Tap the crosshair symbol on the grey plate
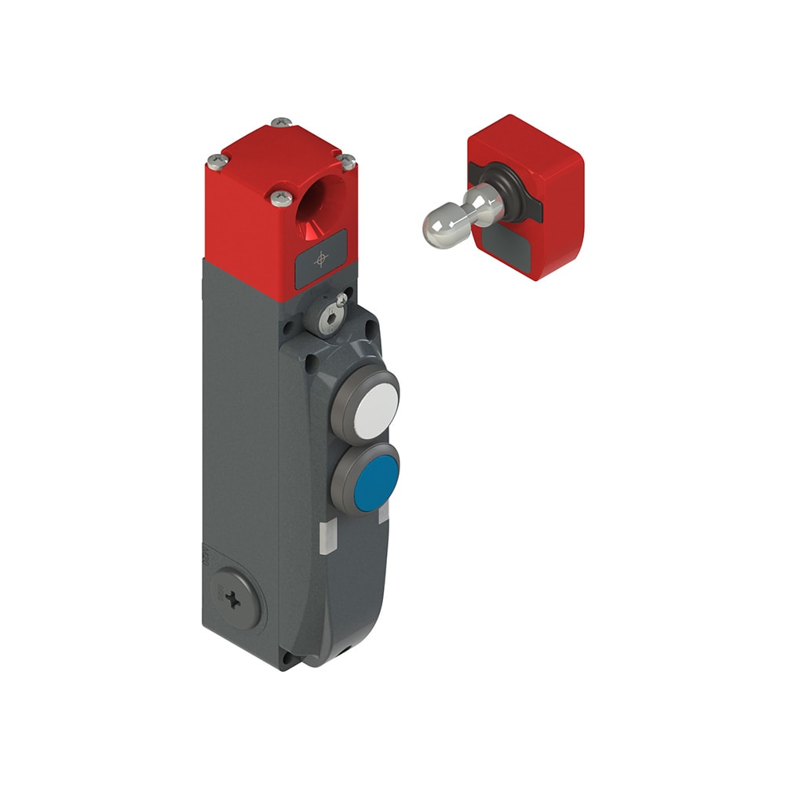click(320, 258)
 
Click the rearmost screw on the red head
click(281, 122)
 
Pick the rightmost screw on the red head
click(346, 162)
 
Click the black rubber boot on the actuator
click(502, 188)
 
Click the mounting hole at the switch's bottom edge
click(342, 651)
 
